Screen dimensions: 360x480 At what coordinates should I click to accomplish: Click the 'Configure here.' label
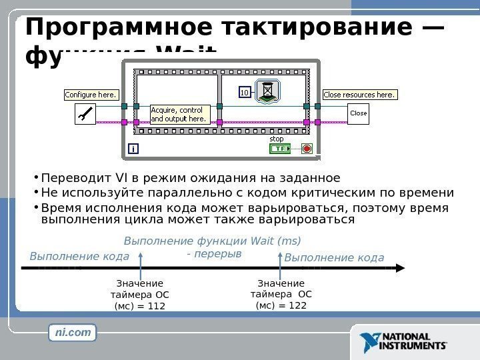pos(91,95)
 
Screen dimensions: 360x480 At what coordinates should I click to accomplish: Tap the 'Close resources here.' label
pos(359,95)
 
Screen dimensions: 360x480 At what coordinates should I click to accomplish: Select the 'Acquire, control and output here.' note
pos(179,114)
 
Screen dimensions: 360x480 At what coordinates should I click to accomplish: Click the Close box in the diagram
pos(359,113)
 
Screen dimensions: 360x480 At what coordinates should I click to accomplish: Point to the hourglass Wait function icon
pos(268,91)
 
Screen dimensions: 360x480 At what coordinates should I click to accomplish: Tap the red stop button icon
pos(307,149)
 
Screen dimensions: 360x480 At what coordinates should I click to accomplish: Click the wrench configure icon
pos(86,115)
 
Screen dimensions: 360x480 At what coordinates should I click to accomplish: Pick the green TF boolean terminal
pos(281,149)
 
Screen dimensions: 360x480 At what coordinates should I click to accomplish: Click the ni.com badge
pos(73,332)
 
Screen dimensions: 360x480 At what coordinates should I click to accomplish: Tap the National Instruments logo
pos(403,342)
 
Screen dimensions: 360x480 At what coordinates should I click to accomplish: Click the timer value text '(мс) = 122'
pos(281,305)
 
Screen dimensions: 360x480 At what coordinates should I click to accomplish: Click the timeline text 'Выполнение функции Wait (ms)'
pos(213,241)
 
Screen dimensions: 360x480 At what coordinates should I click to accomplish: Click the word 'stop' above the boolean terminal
pos(277,139)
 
